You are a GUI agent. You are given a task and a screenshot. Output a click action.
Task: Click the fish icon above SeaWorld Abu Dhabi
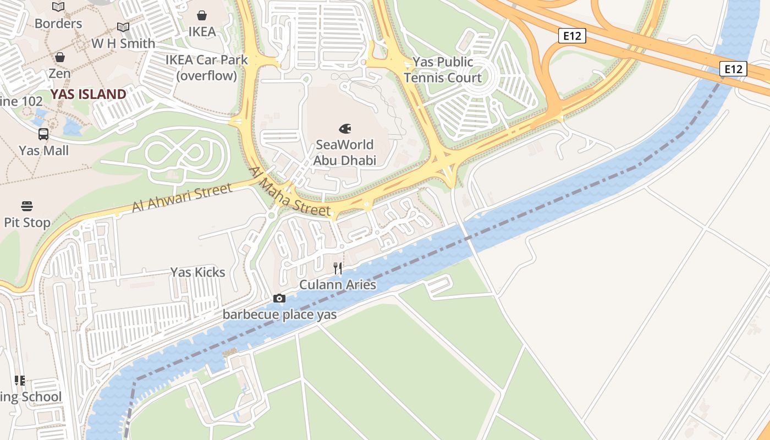[345, 129]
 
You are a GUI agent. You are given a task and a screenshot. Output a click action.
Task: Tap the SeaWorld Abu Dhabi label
[345, 152]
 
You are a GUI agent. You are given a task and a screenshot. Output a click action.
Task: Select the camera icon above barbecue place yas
[279, 299]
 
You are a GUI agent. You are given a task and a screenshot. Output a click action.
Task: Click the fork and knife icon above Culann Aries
[338, 268]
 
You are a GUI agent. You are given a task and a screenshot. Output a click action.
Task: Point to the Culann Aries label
[338, 284]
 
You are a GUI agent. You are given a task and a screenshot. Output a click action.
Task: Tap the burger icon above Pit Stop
[27, 206]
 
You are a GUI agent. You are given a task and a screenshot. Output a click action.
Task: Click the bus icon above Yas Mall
[43, 134]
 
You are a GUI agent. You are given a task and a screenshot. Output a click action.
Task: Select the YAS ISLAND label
[89, 94]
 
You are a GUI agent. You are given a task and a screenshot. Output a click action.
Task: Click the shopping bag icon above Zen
[59, 57]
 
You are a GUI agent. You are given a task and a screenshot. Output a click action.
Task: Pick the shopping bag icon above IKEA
[202, 15]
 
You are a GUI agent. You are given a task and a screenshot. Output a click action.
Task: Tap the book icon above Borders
[58, 7]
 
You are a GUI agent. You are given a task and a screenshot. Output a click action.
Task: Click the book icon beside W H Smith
[123, 27]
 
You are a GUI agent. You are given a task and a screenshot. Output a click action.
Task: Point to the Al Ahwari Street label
[182, 198]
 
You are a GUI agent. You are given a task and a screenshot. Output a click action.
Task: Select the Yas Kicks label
[198, 272]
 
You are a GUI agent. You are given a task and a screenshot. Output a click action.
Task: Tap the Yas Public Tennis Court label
[443, 70]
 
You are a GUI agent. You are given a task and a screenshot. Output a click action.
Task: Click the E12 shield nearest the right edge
[734, 69]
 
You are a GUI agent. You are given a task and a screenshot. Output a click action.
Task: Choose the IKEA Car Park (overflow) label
[207, 68]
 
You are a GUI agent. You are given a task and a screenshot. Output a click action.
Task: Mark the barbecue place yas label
[279, 315]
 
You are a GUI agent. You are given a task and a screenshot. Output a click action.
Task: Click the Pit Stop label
[27, 223]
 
